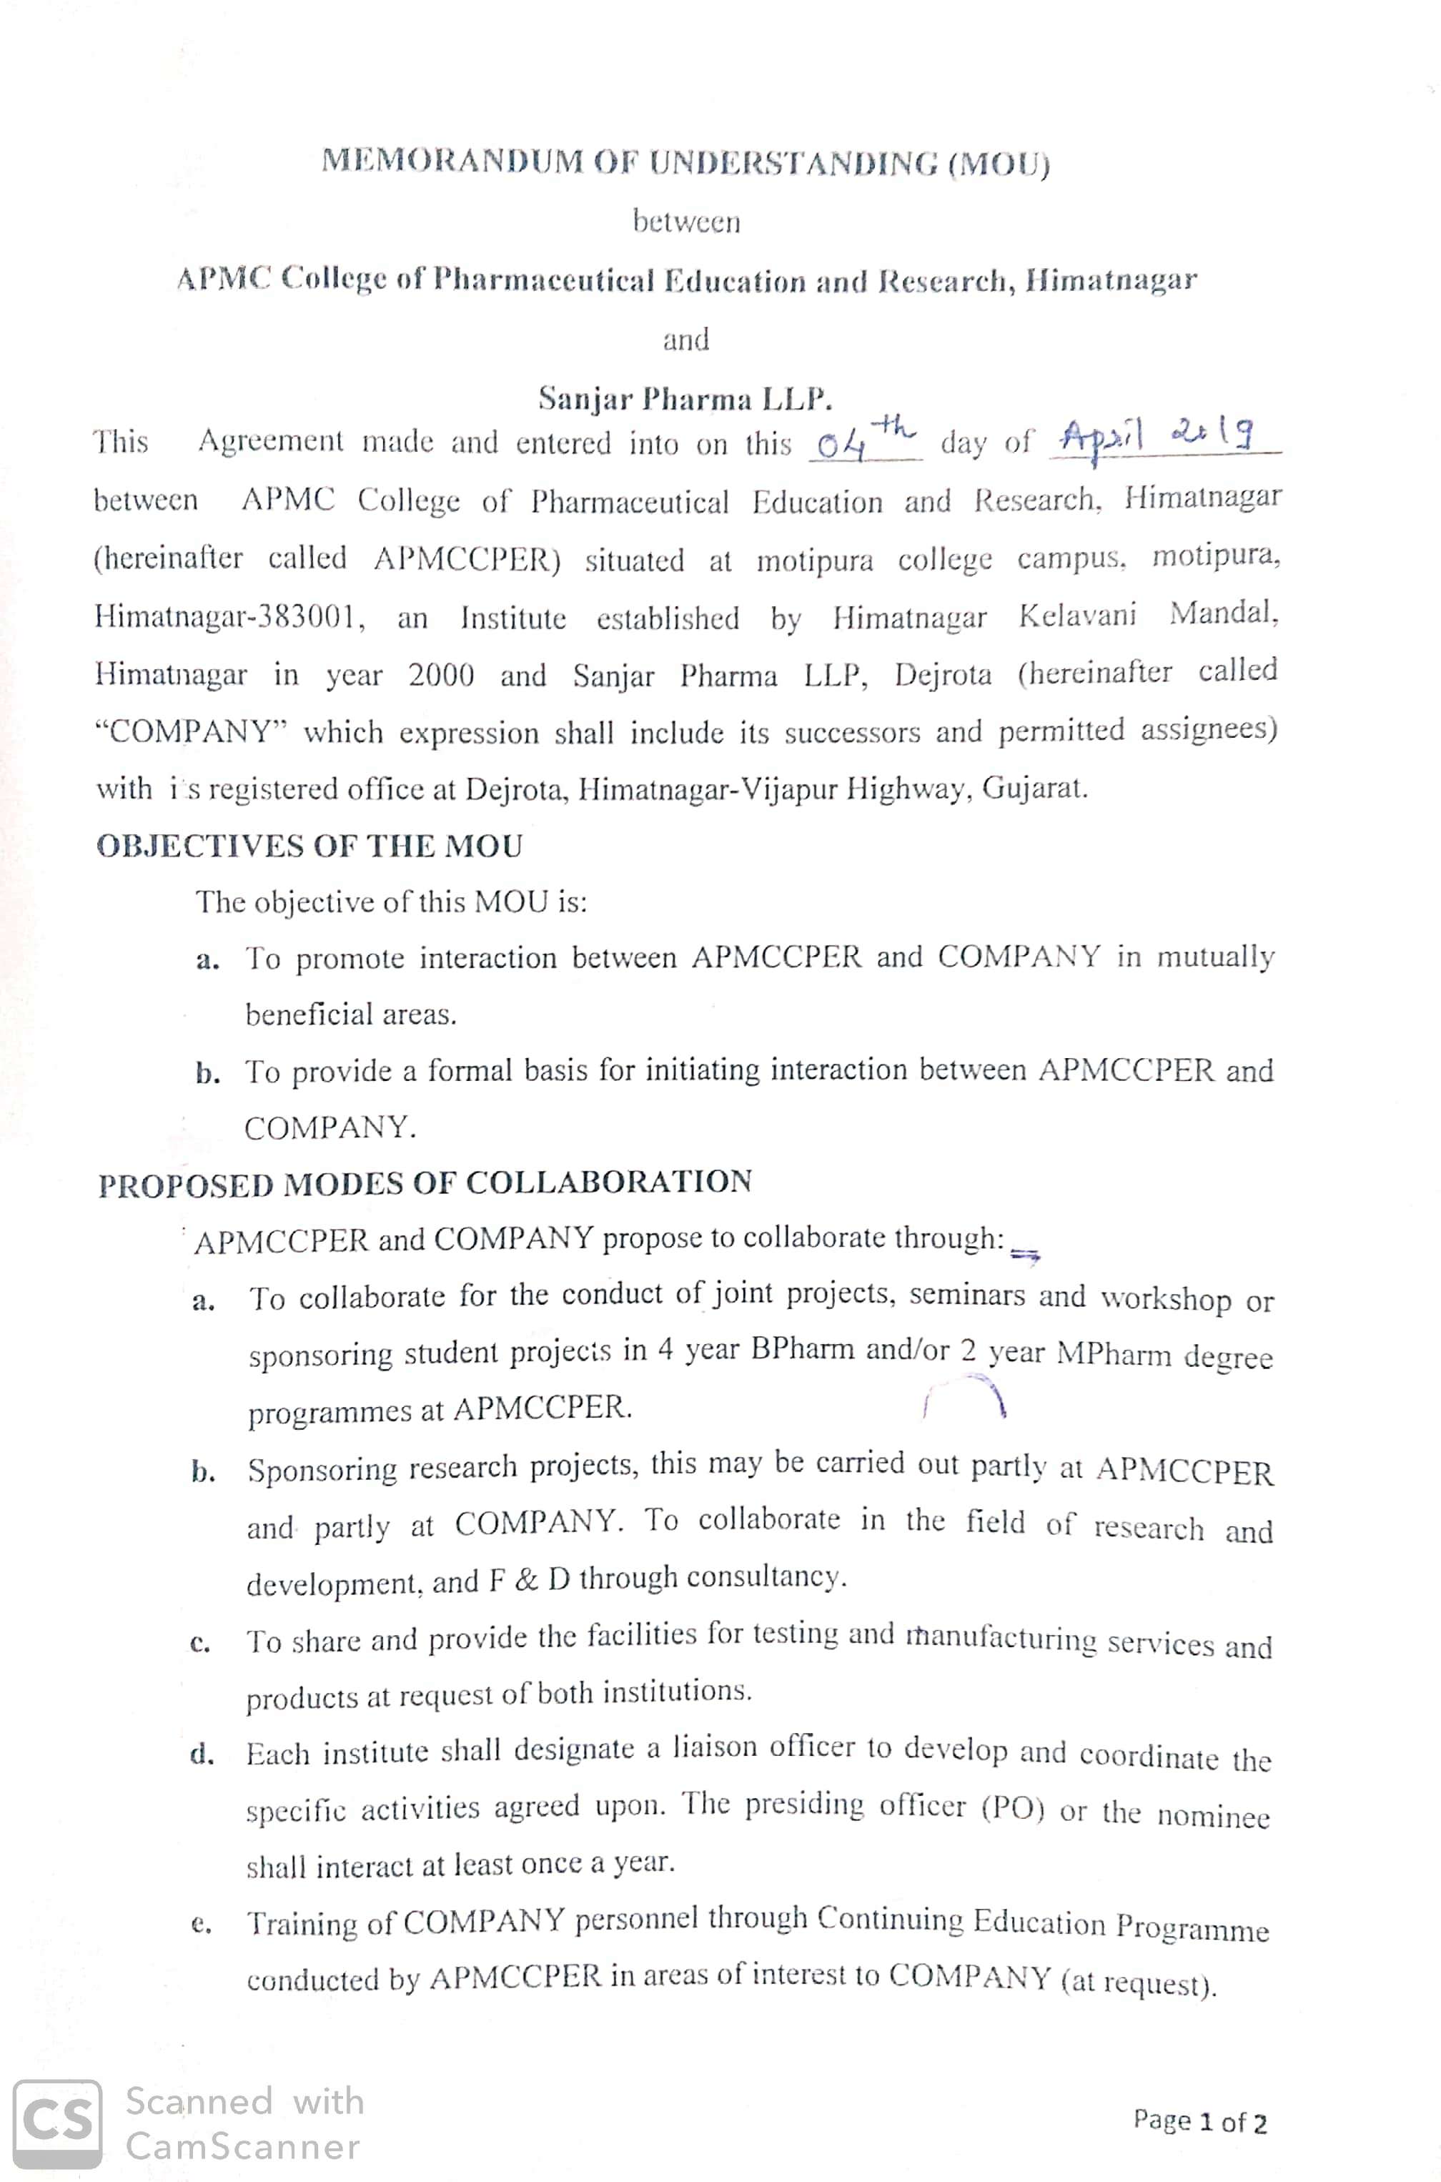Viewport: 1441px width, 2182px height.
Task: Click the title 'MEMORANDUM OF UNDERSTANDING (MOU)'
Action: coord(685,163)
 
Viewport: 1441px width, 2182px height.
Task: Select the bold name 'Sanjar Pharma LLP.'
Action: coord(685,399)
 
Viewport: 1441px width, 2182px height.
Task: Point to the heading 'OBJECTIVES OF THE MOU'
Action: coord(309,846)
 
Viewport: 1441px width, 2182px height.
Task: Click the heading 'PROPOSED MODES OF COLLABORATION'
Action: coord(425,1183)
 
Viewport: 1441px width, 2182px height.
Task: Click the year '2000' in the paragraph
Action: coord(441,676)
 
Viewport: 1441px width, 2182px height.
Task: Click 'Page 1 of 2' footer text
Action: coord(1199,2121)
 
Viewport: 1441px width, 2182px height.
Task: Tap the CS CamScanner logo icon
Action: coord(57,2124)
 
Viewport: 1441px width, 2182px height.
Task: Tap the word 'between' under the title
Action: coord(685,222)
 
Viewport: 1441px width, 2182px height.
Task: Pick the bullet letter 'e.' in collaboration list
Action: coord(202,1924)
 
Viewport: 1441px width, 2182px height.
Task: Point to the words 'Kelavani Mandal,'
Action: coord(1148,615)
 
